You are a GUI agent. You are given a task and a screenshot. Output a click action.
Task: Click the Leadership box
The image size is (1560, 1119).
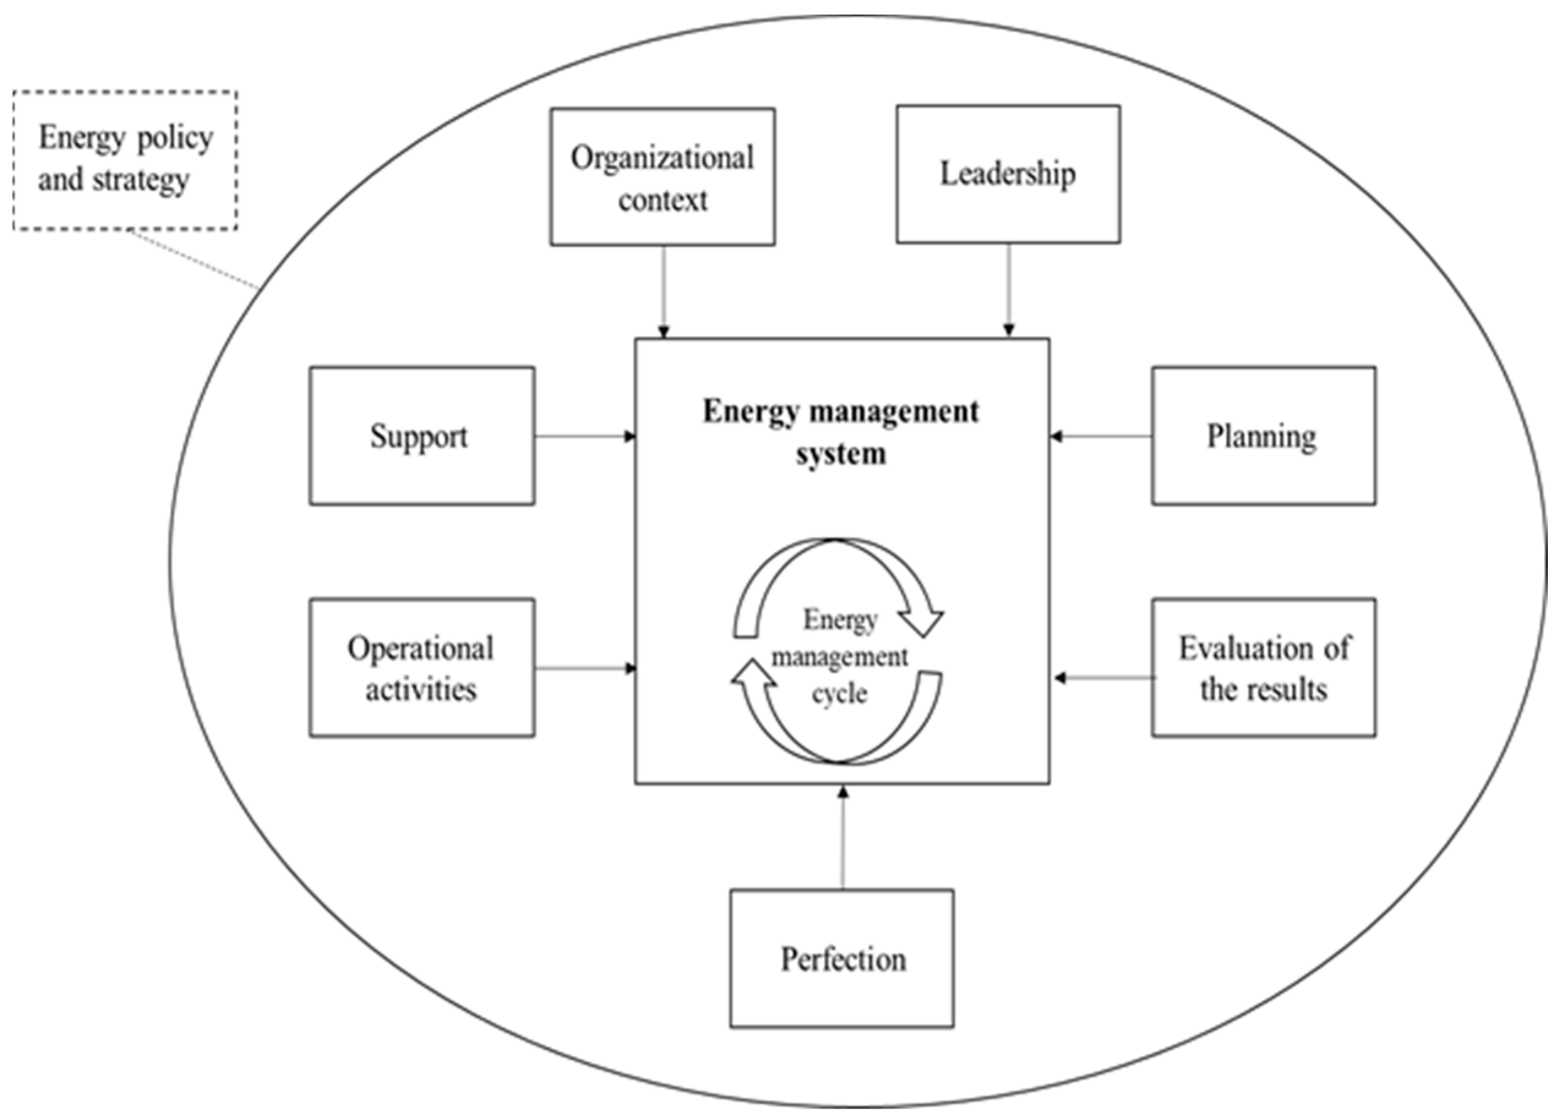(x=1008, y=174)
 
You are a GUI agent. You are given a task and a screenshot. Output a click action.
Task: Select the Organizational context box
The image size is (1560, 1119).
(x=662, y=177)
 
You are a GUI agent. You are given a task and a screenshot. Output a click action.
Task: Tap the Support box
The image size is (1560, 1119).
(x=422, y=436)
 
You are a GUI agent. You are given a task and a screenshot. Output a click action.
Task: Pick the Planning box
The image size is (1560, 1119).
(x=1264, y=436)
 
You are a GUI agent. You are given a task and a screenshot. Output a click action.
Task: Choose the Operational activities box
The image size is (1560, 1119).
(x=422, y=668)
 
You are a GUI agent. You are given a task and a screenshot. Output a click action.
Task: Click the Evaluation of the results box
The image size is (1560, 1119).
(x=1264, y=668)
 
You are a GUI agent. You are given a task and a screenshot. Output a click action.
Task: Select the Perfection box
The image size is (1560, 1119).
(x=842, y=959)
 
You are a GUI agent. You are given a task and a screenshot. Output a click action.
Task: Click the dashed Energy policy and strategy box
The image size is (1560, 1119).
(x=125, y=160)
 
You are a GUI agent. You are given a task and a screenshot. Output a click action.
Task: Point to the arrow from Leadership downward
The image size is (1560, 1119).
(x=1009, y=289)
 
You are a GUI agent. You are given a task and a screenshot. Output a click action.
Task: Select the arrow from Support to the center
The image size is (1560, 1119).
(x=584, y=436)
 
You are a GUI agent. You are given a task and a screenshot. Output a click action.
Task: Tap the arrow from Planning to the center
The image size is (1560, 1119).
(x=1100, y=436)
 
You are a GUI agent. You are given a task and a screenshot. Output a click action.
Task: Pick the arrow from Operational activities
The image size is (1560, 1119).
(x=584, y=668)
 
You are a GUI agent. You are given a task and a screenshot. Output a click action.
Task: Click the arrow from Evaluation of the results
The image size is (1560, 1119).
(x=1104, y=678)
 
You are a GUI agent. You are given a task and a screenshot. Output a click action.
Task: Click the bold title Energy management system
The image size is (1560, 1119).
(x=840, y=432)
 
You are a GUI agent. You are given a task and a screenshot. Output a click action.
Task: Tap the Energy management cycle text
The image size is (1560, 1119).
(x=839, y=657)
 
